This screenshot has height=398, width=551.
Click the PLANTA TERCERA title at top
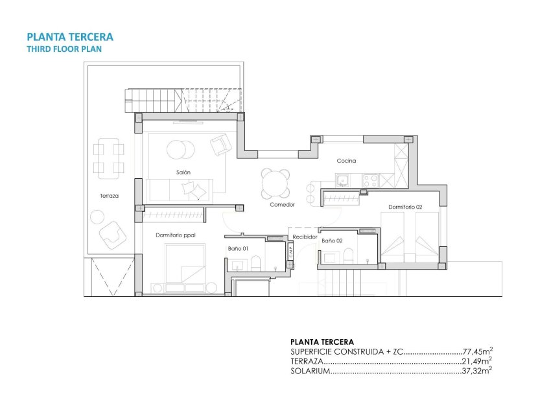pyautogui.click(x=69, y=37)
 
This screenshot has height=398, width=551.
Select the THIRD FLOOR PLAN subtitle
pyautogui.click(x=64, y=49)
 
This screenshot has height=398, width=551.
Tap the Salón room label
pyautogui.click(x=183, y=172)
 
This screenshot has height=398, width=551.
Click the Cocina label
pyautogui.click(x=346, y=161)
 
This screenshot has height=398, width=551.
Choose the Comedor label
pyautogui.click(x=283, y=204)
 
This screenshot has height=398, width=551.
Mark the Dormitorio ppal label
pyautogui.click(x=176, y=235)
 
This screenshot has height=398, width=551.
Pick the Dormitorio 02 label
pyautogui.click(x=405, y=207)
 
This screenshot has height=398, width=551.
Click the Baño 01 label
pyautogui.click(x=237, y=248)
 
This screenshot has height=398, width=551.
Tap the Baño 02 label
pyautogui.click(x=332, y=240)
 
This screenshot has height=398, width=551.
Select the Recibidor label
pyautogui.click(x=305, y=237)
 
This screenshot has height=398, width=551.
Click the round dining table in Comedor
pyautogui.click(x=276, y=185)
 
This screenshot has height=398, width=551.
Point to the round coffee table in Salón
pyautogui.click(x=181, y=150)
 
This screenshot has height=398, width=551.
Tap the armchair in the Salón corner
pyautogui.click(x=220, y=144)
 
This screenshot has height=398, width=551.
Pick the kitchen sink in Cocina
pyautogui.click(x=342, y=180)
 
